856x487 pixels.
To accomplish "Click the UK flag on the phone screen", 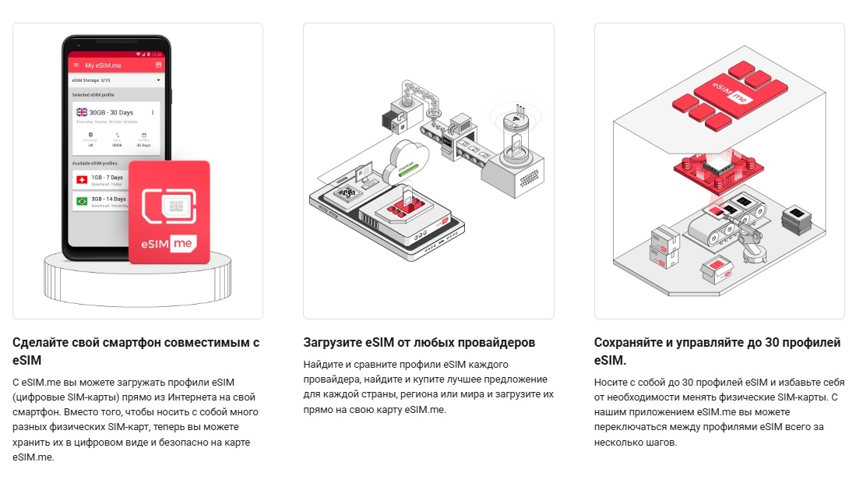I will (x=82, y=112).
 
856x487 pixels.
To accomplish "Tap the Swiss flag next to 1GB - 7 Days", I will (x=81, y=180).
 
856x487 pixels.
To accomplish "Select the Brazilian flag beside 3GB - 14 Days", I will (x=81, y=201).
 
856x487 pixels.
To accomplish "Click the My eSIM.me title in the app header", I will (x=103, y=65).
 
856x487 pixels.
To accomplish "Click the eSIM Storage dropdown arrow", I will (x=158, y=79).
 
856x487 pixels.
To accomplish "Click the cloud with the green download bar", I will (x=411, y=160).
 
